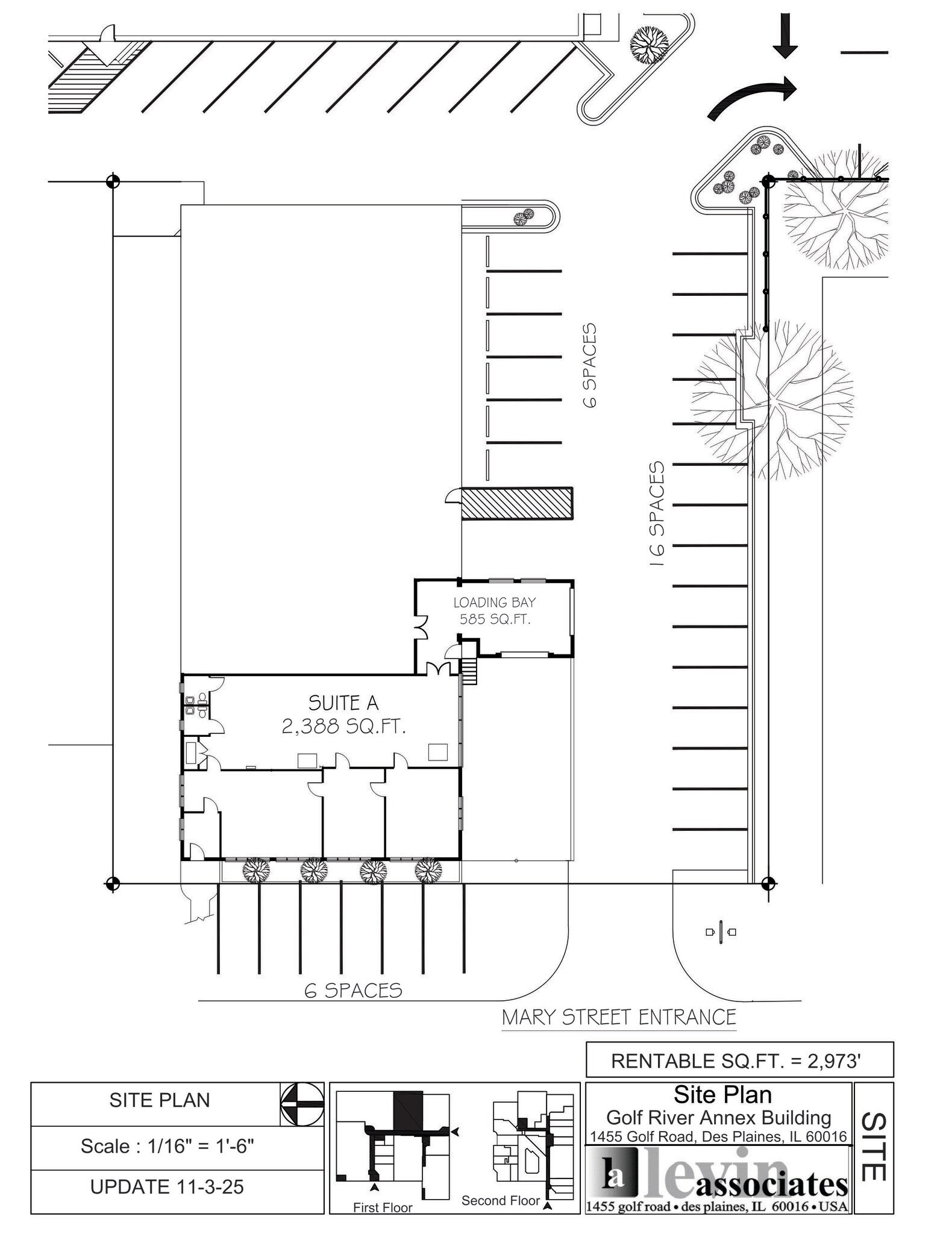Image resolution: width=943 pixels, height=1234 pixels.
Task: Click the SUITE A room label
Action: (x=343, y=703)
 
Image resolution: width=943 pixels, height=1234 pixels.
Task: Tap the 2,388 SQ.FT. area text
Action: (x=343, y=727)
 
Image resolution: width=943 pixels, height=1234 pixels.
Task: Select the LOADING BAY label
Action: (x=495, y=602)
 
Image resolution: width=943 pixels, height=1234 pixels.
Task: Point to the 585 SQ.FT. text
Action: (x=495, y=619)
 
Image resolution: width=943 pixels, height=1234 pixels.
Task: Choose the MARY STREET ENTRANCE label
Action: (x=619, y=1017)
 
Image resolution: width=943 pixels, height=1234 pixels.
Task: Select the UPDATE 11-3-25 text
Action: (x=168, y=1186)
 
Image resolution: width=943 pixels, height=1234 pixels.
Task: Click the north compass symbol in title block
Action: (x=302, y=1104)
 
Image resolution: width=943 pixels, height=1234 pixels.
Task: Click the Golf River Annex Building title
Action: (x=718, y=1118)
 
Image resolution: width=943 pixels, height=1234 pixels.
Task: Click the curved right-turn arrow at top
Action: (x=753, y=96)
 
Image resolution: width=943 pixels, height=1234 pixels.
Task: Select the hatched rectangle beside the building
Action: (x=517, y=503)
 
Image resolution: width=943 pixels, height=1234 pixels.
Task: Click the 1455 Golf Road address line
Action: (x=718, y=1136)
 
